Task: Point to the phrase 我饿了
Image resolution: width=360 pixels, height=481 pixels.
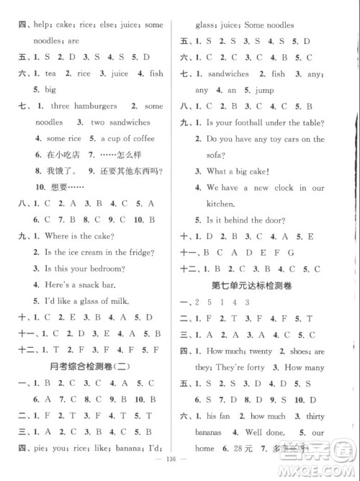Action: (x=59, y=171)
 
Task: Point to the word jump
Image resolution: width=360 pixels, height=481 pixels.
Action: (x=269, y=90)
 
